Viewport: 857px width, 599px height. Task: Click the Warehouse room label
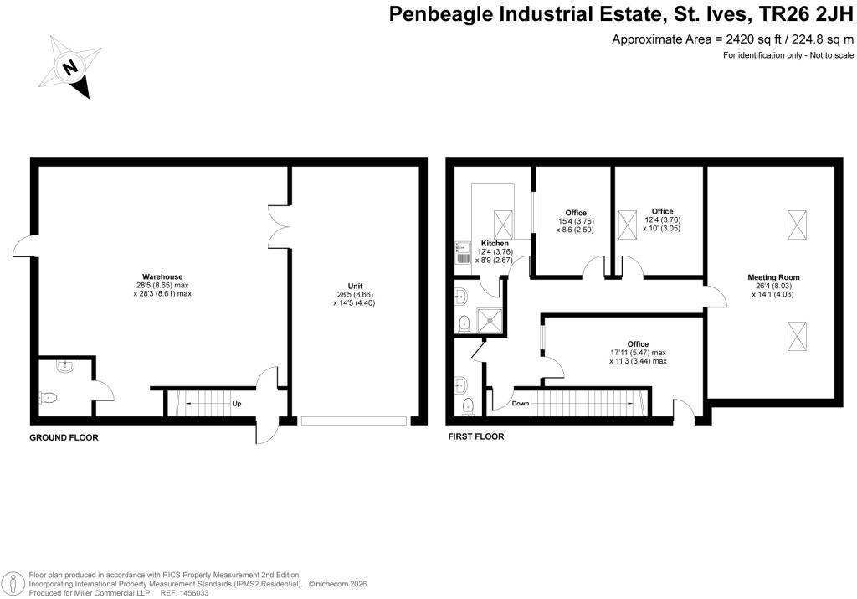tap(162, 276)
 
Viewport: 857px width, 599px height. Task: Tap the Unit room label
tap(355, 287)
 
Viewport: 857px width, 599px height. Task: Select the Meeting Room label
tap(772, 277)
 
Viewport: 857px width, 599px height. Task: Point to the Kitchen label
tap(495, 244)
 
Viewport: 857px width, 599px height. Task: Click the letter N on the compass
tap(69, 68)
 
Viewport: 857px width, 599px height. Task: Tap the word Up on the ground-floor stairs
tap(237, 404)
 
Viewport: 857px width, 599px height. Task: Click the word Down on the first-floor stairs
tap(521, 403)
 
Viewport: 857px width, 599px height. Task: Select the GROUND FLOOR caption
tap(64, 437)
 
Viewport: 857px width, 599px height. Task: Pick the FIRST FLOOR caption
tap(476, 436)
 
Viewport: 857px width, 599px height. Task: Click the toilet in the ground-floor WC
tap(49, 397)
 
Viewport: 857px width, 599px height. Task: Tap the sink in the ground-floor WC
tap(65, 366)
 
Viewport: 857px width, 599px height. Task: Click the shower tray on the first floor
tap(490, 320)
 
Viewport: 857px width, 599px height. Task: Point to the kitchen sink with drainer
tap(462, 253)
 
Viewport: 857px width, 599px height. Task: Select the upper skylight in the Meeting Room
tap(797, 225)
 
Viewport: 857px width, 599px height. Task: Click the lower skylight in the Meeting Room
tap(797, 337)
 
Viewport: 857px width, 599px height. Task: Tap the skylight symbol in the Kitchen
tap(503, 225)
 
